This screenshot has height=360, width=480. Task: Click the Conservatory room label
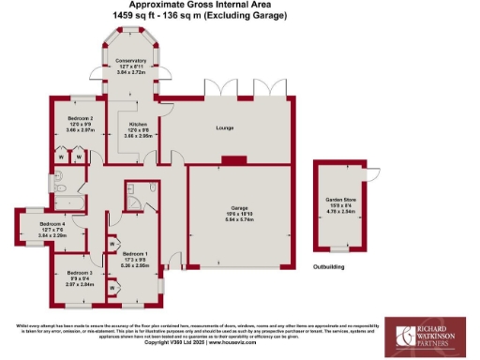coord(131,61)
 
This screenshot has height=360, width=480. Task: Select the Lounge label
coord(224,126)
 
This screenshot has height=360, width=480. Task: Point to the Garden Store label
coord(340,200)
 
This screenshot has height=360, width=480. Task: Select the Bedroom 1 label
coord(137,253)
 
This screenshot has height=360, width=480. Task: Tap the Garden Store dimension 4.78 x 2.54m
coord(340,212)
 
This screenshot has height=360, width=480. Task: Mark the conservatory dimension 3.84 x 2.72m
coord(131,72)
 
